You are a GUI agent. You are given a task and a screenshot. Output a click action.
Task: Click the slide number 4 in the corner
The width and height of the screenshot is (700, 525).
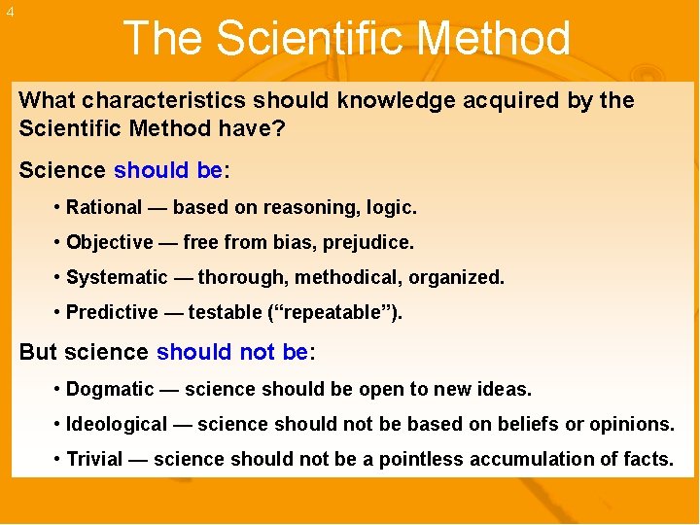click(10, 12)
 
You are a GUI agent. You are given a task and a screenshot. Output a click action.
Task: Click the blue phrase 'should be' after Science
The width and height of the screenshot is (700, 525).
click(168, 170)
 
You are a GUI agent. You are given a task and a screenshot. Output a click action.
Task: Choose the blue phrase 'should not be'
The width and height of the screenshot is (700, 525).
click(231, 352)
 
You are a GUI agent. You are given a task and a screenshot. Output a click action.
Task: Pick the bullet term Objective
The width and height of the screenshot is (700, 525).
click(109, 242)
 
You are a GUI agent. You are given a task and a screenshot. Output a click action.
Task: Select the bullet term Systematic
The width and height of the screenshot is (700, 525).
click(117, 277)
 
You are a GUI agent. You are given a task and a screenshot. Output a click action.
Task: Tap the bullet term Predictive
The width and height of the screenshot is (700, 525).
click(112, 312)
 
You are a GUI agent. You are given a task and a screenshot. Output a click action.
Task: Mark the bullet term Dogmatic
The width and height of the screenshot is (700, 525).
click(110, 389)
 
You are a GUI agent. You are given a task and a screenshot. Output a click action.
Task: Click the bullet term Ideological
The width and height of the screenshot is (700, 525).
click(117, 424)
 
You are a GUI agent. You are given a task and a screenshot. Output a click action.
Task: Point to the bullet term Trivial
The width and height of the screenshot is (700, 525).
click(93, 459)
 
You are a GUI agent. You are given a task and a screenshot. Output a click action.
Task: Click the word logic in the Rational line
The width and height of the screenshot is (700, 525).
click(394, 207)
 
